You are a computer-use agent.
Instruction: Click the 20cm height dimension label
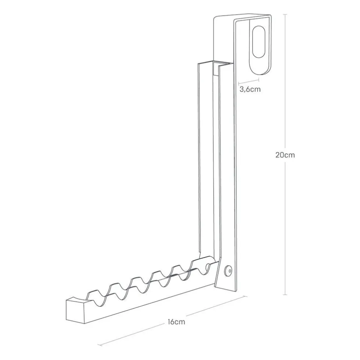285,155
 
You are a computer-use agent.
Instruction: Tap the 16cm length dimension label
176,322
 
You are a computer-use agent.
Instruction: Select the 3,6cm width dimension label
250,89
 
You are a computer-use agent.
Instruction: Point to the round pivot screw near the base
228,270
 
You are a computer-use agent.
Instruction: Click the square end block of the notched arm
76,310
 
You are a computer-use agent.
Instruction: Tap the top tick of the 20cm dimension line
285,14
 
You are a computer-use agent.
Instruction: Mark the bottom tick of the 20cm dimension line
285,295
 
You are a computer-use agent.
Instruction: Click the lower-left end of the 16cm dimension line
99,345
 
